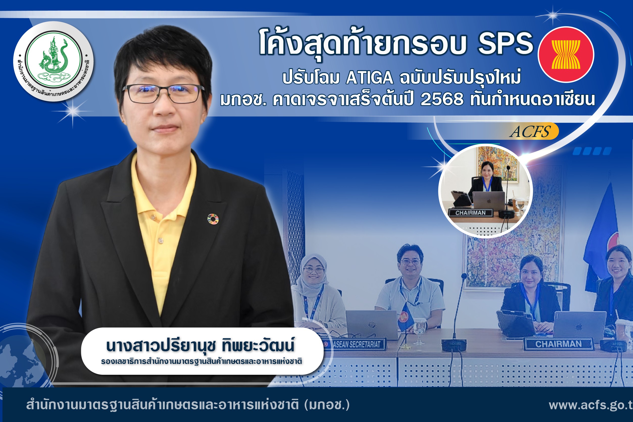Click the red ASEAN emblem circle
point(566,54)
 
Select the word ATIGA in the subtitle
point(370,78)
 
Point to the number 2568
point(442,99)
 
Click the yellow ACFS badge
point(532,131)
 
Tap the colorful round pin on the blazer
point(213,219)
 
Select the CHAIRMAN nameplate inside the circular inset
point(470,213)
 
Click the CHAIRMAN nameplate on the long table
point(559,344)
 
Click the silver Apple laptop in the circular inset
point(489,200)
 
